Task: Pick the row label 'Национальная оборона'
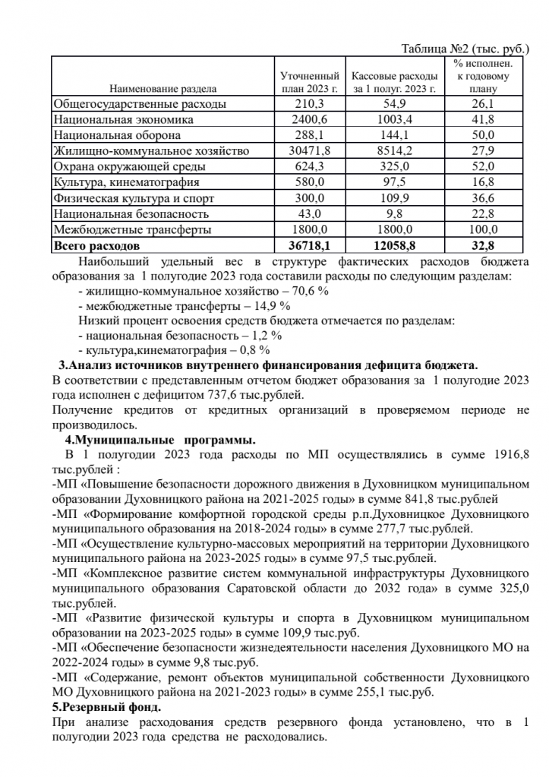117,135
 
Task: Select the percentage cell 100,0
483,229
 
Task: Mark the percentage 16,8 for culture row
483,182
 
